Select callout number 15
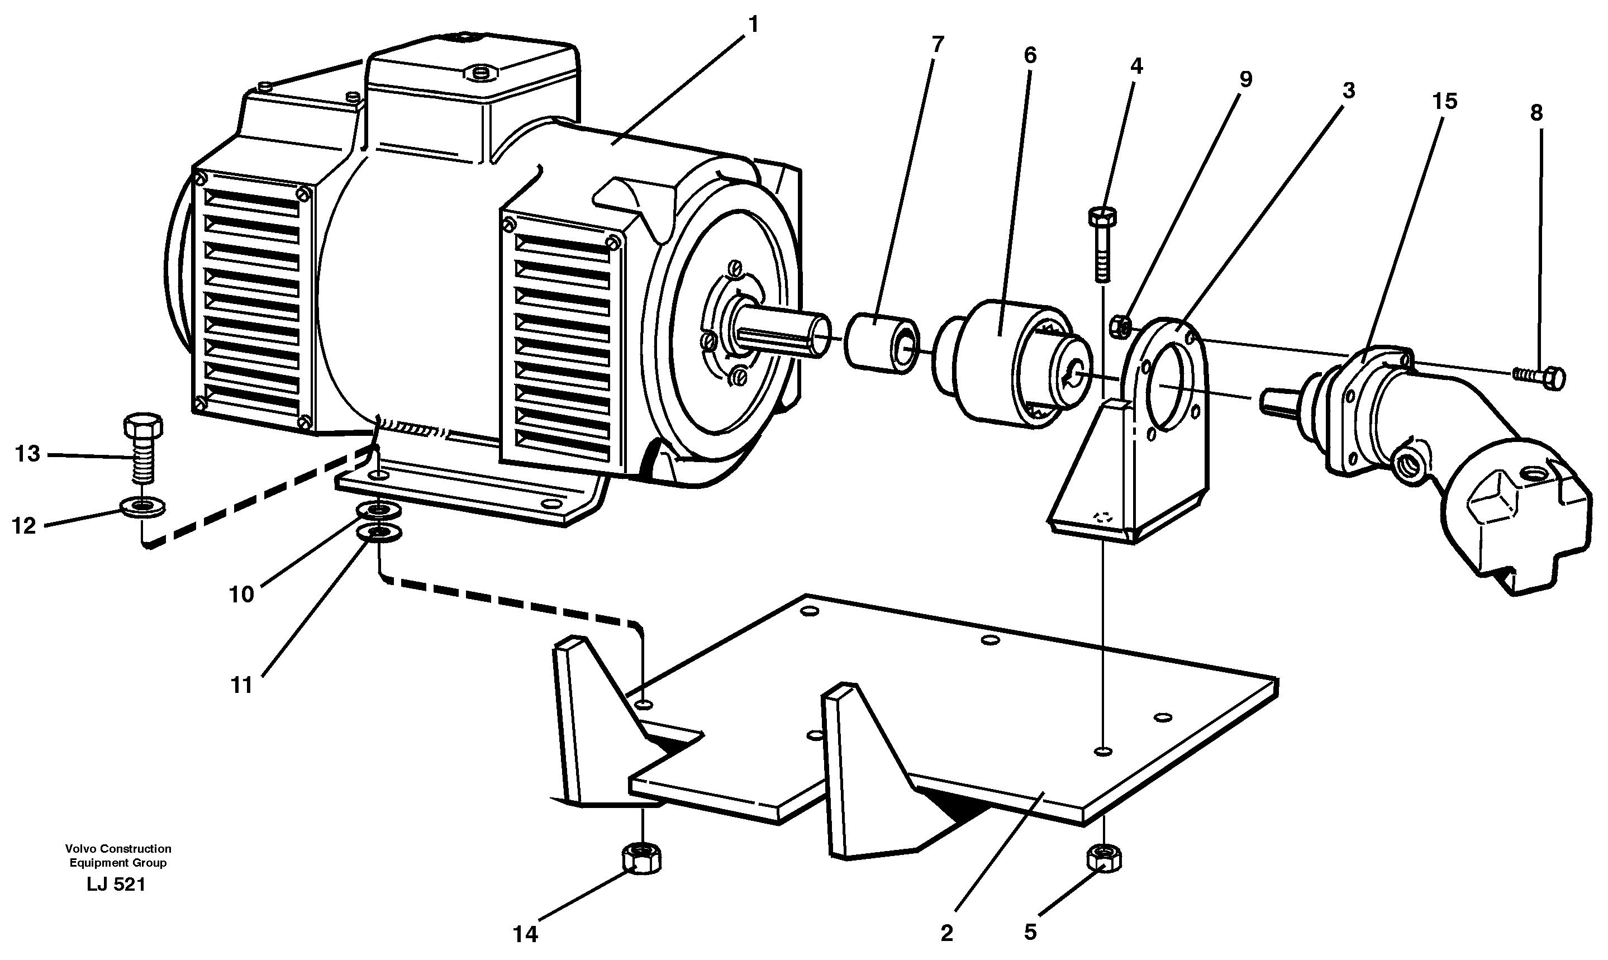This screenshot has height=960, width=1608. click(x=1444, y=102)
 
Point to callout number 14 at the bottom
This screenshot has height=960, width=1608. click(x=525, y=934)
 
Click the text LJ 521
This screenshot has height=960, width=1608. click(x=116, y=885)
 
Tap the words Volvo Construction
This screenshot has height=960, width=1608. click(x=118, y=848)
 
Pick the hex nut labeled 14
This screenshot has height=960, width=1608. click(x=641, y=858)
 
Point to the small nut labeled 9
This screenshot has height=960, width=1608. click(x=1120, y=326)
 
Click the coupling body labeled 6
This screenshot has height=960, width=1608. click(x=996, y=362)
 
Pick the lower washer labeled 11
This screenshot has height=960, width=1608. click(x=379, y=533)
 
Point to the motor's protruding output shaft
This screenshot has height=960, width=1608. click(x=783, y=334)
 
